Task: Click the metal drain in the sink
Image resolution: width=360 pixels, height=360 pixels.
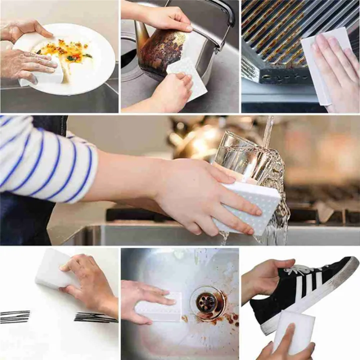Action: pos(206,301)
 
